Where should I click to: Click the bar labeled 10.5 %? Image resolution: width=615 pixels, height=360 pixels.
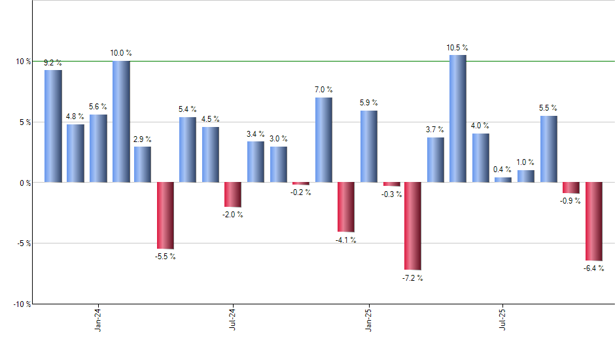point(458,118)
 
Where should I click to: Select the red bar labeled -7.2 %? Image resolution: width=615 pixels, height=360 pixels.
point(413,226)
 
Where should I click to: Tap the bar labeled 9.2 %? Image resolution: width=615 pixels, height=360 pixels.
point(53,126)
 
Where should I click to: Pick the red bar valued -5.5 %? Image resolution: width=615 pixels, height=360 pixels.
point(166,215)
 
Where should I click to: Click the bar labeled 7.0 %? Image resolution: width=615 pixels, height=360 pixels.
point(323,139)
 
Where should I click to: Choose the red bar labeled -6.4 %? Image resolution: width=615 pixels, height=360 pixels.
point(593,221)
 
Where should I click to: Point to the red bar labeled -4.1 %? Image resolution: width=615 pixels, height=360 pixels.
point(345,207)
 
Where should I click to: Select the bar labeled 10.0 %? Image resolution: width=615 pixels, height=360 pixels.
point(121,122)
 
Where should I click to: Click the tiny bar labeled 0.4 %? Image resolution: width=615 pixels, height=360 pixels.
point(503,179)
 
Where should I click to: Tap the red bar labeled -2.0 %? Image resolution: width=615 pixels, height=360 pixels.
point(233,194)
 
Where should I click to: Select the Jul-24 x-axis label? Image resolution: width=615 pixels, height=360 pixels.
point(234,321)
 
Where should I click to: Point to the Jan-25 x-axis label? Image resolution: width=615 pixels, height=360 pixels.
point(368,321)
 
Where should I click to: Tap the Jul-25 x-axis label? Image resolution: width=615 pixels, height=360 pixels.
point(503,321)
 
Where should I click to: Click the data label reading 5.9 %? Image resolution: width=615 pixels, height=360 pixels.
point(368,103)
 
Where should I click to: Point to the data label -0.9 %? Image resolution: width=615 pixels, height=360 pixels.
point(571,201)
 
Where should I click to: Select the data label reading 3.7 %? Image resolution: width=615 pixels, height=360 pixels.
point(436,130)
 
